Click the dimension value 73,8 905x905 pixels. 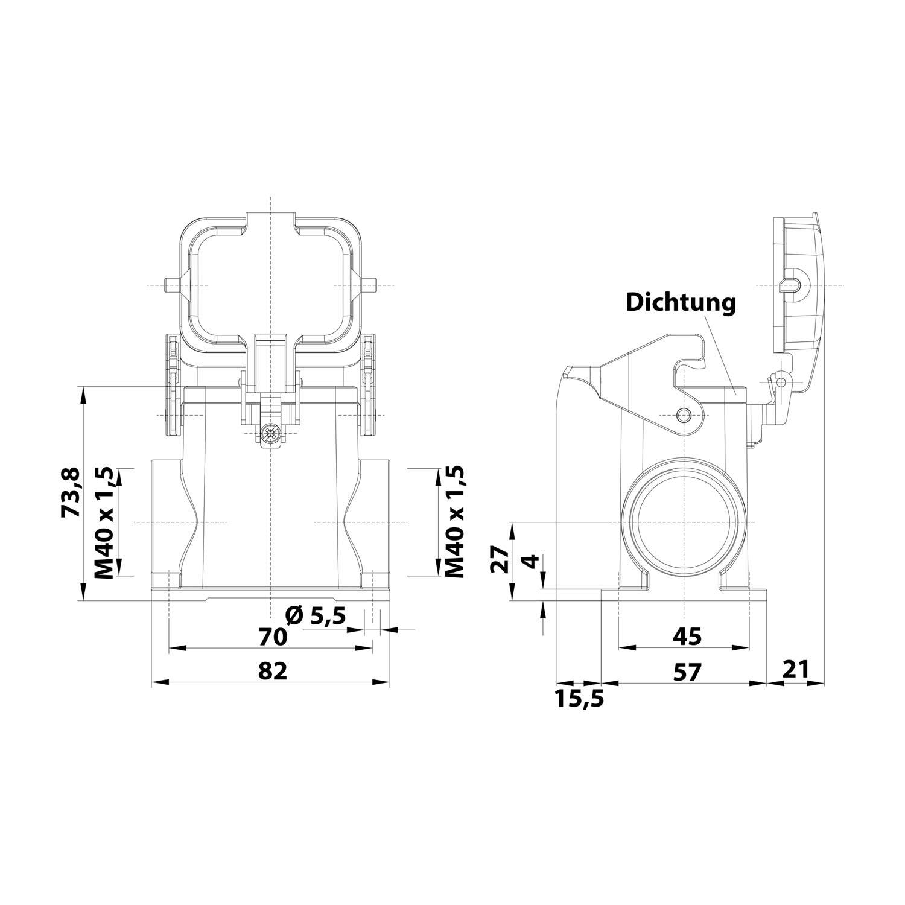[x=71, y=492]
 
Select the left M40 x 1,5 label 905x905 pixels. [x=105, y=522]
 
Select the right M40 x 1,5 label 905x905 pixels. [x=455, y=522]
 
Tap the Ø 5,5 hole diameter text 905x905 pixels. [x=316, y=617]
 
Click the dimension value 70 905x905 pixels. [x=271, y=637]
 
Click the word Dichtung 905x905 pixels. [x=681, y=302]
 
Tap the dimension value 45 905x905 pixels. [x=686, y=636]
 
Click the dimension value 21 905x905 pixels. [x=796, y=669]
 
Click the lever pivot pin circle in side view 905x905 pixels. [x=684, y=414]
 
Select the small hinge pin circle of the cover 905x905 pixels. [x=783, y=382]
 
